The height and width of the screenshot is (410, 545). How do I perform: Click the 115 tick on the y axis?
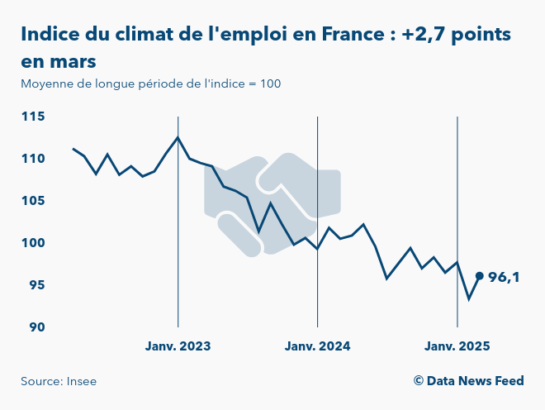coord(33,117)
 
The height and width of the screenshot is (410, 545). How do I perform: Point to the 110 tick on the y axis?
coord(33,159)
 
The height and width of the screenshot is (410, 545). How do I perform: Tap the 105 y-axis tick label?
coord(33,201)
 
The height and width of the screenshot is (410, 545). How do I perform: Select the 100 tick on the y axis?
coord(33,243)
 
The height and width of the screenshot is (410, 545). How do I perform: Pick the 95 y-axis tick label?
coord(37,285)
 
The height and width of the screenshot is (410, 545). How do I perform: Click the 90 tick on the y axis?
coord(37,327)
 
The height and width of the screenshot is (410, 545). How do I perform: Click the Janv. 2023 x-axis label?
coord(178,346)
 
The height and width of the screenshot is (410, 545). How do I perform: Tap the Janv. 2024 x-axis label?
coord(318,346)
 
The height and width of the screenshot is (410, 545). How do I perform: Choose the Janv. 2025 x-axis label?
coord(457,346)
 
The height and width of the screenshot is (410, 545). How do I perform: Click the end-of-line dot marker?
coord(480,276)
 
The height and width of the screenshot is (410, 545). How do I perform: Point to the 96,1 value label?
coord(504,278)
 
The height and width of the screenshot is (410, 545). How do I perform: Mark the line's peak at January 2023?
coord(178,137)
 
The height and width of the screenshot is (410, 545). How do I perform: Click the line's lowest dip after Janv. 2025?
coord(469,299)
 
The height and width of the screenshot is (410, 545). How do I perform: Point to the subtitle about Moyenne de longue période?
coord(151,83)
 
